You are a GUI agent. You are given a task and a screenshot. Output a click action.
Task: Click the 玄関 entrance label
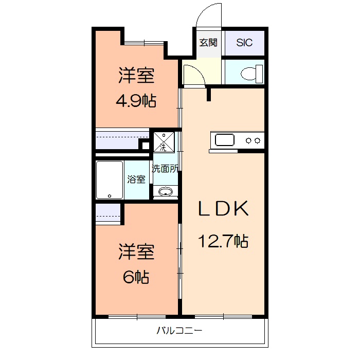tap(208, 43)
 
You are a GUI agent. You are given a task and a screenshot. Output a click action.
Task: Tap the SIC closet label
tap(244, 43)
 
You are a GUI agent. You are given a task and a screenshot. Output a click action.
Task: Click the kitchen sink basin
tap(225, 140)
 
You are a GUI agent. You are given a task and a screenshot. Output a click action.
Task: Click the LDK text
tap(224, 209)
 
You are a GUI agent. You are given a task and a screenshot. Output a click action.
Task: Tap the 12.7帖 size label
tap(224, 240)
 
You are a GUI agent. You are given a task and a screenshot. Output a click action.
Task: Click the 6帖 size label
tap(136, 278)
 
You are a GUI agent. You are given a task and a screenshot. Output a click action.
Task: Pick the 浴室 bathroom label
tap(136, 179)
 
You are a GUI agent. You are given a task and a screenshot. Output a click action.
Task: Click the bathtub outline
tap(110, 180)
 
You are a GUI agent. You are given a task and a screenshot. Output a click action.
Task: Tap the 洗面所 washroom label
tap(165, 168)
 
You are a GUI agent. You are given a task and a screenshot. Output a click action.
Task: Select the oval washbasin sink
tap(165, 192)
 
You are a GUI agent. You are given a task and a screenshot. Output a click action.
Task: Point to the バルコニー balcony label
tap(179, 331)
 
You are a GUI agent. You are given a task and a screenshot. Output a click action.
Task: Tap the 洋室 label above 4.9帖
tap(136, 76)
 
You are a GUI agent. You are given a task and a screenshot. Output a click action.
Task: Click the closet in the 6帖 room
tap(108, 213)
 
